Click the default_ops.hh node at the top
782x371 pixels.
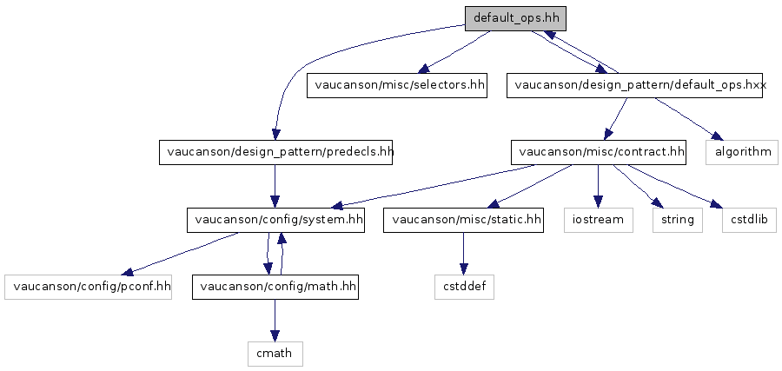point(515,19)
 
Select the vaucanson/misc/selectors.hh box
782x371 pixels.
point(396,85)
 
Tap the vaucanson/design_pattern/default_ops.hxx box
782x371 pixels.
point(634,85)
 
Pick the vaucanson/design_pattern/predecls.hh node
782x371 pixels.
point(275,152)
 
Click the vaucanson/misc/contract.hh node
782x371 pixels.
point(598,152)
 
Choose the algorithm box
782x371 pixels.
point(742,152)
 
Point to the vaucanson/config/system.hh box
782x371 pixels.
point(275,220)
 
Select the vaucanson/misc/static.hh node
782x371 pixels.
point(463,220)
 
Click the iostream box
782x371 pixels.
point(599,220)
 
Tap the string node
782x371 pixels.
point(677,220)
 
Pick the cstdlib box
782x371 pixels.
point(749,220)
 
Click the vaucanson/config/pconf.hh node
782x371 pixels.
point(89,288)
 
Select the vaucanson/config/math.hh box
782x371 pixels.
point(275,288)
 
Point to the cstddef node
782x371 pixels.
point(464,288)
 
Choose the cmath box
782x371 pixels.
point(275,354)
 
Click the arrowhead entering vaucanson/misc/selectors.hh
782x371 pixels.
point(424,69)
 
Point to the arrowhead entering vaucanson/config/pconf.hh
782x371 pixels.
point(129,272)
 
